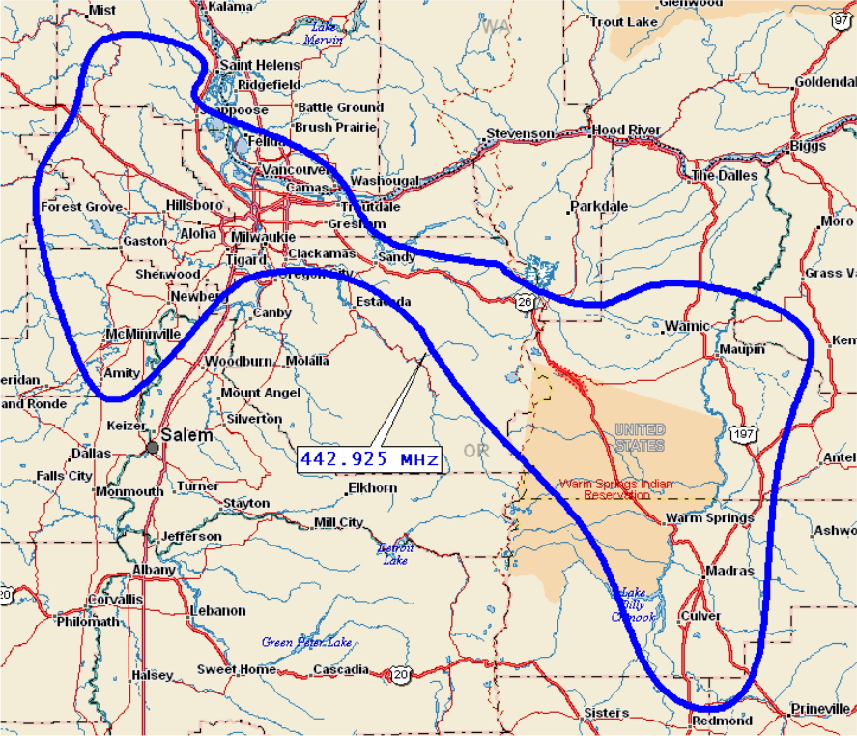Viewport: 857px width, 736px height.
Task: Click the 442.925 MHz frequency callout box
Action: click(x=369, y=458)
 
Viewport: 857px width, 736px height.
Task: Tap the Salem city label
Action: click(x=186, y=435)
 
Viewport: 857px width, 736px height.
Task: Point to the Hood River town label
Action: click(x=626, y=130)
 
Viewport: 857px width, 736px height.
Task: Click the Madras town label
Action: click(x=729, y=571)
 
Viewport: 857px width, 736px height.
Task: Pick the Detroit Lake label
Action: click(x=394, y=553)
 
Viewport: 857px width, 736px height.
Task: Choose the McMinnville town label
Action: click(x=143, y=334)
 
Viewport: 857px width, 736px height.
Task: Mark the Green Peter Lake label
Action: click(x=306, y=642)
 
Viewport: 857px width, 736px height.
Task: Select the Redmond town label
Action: click(x=722, y=721)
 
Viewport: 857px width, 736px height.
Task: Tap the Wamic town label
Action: click(x=687, y=326)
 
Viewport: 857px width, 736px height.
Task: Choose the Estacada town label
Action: click(x=384, y=302)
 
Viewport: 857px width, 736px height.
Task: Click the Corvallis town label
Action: click(x=114, y=600)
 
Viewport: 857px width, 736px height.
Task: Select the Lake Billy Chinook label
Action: click(x=636, y=604)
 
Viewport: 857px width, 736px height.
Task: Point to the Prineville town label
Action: click(x=820, y=709)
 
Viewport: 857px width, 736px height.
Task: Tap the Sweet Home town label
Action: click(x=237, y=669)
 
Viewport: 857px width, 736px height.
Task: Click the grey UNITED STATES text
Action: click(x=640, y=437)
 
